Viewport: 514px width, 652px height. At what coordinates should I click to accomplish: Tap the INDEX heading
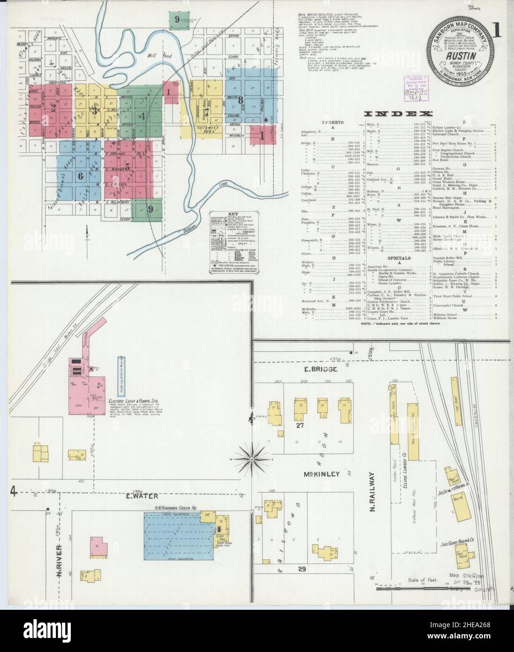398,114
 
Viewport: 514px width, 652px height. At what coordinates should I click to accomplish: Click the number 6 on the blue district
80,176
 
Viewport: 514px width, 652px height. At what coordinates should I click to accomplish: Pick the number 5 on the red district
127,165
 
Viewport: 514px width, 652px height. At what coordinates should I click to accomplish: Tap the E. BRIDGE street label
321,370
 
